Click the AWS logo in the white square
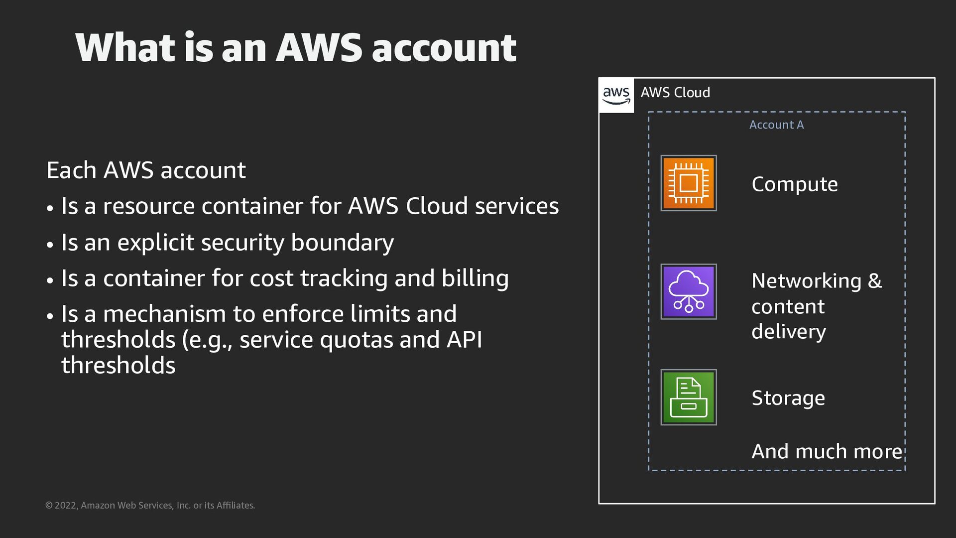(616, 95)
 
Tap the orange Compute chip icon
(689, 183)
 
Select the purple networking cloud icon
(689, 291)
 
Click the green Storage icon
(689, 397)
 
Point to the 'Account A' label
(776, 125)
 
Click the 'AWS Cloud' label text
(675, 93)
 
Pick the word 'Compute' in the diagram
(795, 184)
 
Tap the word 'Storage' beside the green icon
(788, 398)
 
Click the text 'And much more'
(827, 451)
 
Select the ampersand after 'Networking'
(874, 280)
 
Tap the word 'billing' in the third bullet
(475, 278)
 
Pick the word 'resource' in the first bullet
(148, 206)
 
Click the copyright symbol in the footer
(49, 505)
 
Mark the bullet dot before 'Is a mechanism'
(50, 316)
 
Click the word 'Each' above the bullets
(71, 170)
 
